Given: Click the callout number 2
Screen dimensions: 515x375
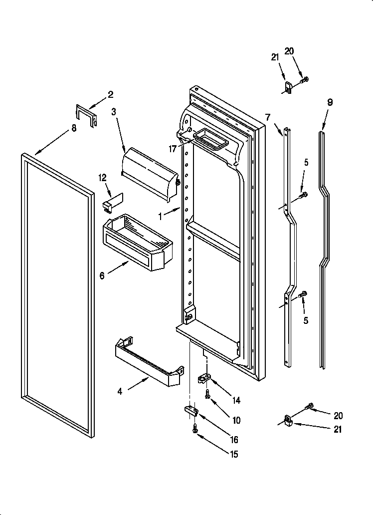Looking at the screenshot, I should pos(111,94).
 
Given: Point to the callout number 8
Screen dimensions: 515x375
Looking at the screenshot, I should pos(74,128).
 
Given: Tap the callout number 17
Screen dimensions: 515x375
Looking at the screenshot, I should pos(173,148).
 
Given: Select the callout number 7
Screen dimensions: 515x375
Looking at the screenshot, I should pos(268,118).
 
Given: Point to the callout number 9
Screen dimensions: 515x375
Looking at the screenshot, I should pos(330,102).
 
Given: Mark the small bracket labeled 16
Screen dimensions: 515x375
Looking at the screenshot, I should pos(191,410).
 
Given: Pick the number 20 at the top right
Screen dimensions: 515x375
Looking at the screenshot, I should pos(289,50).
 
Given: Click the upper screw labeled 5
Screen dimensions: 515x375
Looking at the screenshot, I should pos(302,195).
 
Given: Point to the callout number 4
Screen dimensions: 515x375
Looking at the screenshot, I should pos(120,392).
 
